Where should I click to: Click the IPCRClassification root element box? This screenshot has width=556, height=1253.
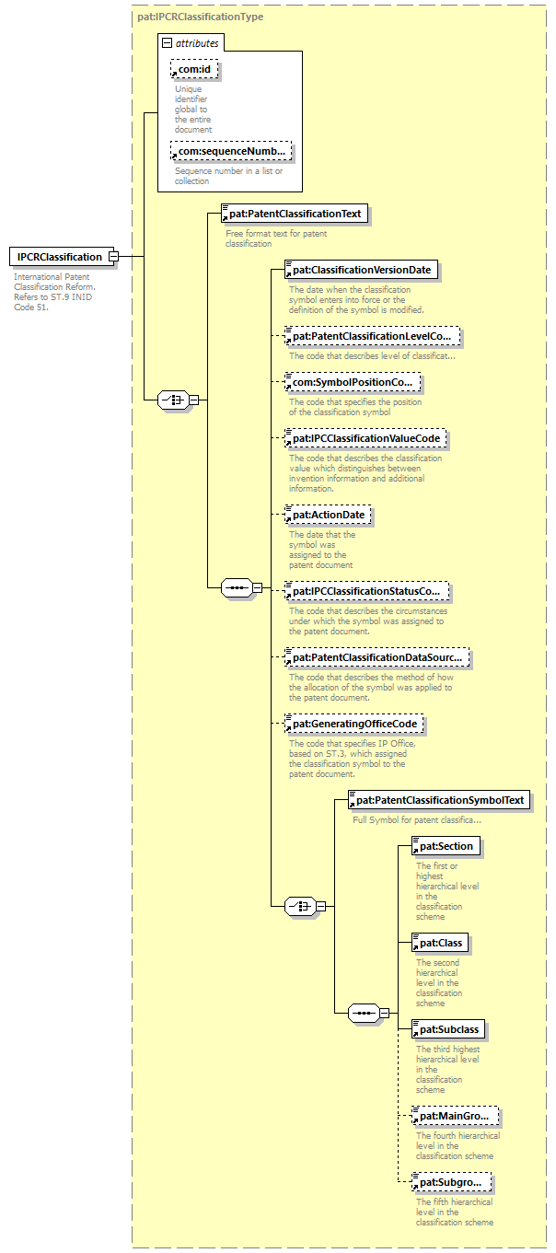59,257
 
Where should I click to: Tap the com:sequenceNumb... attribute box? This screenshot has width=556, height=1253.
231,152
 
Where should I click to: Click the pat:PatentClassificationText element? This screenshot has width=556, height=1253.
294,215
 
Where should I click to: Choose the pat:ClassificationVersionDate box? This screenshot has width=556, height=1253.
360,271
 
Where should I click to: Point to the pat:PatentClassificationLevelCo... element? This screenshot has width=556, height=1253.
371,337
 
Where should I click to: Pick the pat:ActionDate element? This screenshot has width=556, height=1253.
327,515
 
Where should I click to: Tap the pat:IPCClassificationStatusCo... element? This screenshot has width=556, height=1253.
371,590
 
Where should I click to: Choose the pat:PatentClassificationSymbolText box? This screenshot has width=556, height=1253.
438,800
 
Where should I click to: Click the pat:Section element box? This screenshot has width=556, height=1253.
446,846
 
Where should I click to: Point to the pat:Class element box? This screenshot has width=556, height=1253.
441,943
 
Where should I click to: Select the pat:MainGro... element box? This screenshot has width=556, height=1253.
455,1117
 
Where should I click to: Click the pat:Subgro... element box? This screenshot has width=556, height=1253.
451,1181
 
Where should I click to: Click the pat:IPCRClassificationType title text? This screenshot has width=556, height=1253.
200,17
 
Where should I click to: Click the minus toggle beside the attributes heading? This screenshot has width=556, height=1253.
167,42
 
